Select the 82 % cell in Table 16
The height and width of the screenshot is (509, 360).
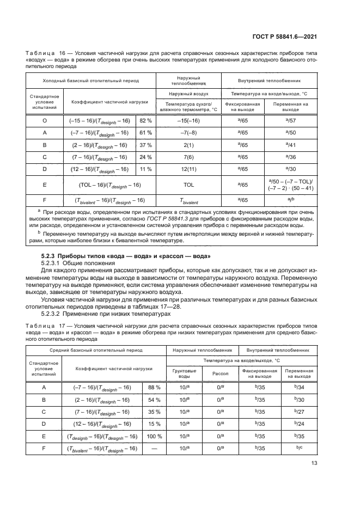(x=145, y=119)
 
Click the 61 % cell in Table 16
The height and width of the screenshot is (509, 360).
(x=145, y=132)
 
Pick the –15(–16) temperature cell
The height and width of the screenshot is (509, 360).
(x=189, y=119)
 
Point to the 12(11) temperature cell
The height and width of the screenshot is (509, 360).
(x=189, y=169)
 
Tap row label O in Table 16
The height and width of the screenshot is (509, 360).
(x=44, y=119)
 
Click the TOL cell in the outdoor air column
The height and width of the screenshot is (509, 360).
(x=189, y=185)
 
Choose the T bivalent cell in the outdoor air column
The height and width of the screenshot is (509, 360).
(x=189, y=200)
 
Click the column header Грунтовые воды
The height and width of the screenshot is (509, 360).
(x=185, y=373)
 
